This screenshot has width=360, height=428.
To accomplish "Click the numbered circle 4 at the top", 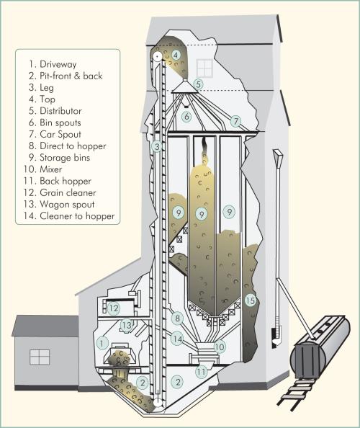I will point(176,54).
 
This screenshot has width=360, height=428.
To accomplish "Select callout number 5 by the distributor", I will point(198,84).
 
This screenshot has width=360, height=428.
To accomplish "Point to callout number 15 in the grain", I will point(250,300).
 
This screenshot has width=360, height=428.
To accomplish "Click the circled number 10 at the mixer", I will point(220,347).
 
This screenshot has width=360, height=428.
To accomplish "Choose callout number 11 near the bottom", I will point(202,372).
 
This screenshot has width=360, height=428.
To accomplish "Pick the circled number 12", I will point(114,308).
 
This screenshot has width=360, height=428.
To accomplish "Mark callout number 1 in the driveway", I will point(103,343).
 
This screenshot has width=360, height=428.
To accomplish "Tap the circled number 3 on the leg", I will point(156,148).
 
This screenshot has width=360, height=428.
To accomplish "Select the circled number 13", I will point(127,325).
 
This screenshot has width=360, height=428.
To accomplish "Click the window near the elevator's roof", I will point(204,68).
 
